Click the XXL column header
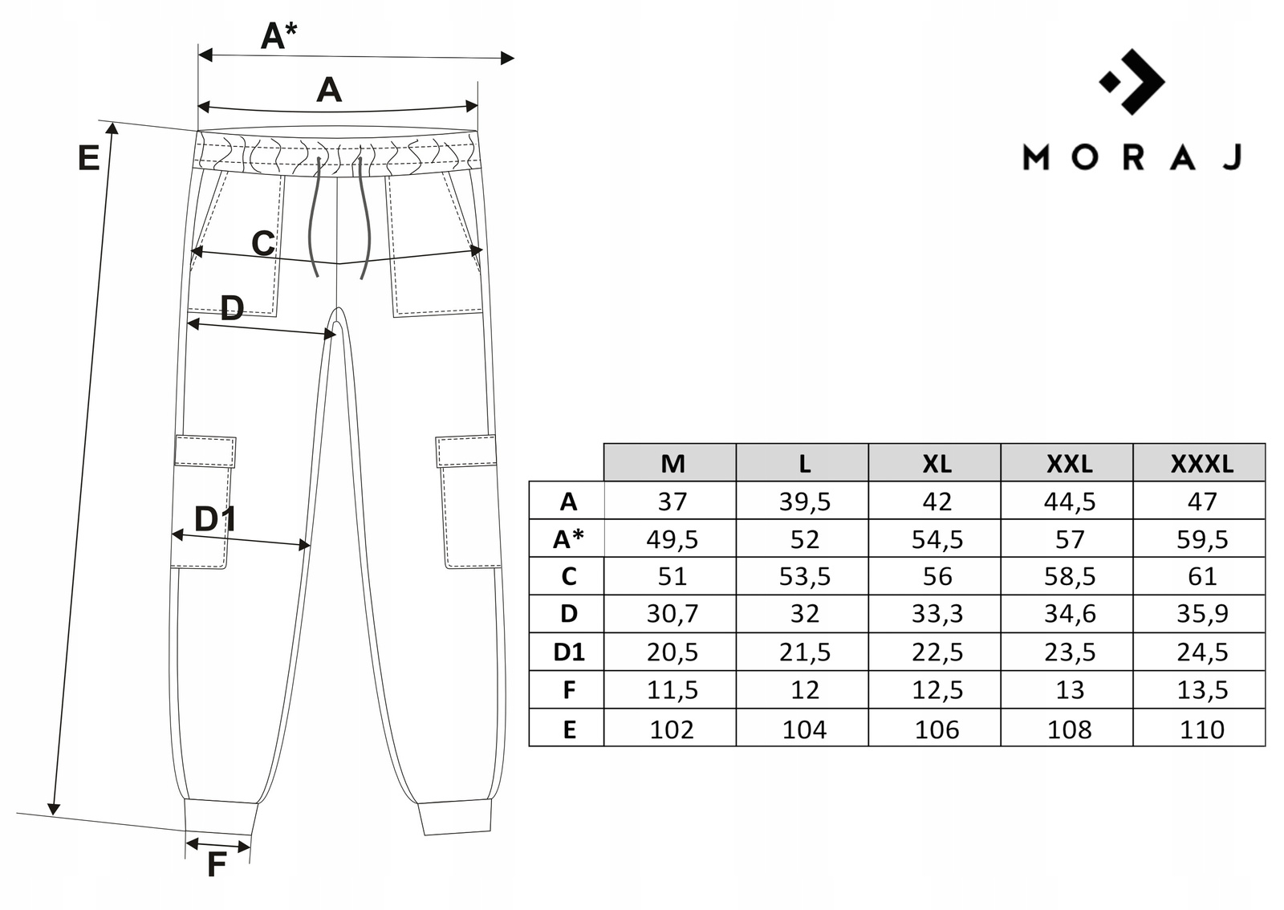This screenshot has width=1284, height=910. tap(1069, 463)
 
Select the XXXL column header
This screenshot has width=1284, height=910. tap(1201, 463)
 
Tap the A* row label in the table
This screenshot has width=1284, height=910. tap(567, 539)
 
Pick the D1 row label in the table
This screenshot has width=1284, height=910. tap(567, 652)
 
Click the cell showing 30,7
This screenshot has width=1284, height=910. tap(672, 614)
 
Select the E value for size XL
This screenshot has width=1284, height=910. tap(937, 729)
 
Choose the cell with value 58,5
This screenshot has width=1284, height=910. tap(1069, 576)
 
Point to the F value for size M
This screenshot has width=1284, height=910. tap(672, 690)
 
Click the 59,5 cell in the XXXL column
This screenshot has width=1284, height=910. tap(1201, 539)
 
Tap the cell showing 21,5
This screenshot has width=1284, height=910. tap(804, 652)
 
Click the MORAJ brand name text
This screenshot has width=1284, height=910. tap(1132, 157)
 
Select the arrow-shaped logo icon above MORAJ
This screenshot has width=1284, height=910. tap(1133, 81)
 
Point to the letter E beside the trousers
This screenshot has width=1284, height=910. tap(88, 158)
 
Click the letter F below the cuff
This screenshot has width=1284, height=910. tap(216, 865)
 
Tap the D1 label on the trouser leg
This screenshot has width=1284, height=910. tap(214, 519)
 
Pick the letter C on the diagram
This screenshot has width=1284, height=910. tap(263, 243)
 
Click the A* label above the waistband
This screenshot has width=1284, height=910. tap(278, 36)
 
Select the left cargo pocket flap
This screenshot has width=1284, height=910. tap(205, 451)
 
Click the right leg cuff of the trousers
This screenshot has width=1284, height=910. tap(454, 816)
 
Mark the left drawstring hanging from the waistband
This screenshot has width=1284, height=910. tap(312, 217)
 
